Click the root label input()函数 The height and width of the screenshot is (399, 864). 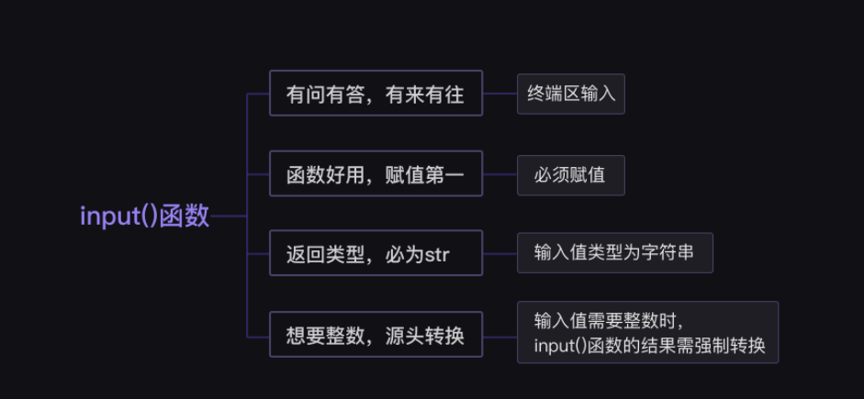(145, 216)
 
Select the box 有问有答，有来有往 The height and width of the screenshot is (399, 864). (376, 94)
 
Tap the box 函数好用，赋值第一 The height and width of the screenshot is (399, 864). (376, 174)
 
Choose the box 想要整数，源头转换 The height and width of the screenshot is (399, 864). (376, 335)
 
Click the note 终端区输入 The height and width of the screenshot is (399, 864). (570, 94)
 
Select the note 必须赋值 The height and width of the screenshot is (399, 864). (570, 174)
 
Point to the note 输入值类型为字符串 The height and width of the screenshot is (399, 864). (614, 253)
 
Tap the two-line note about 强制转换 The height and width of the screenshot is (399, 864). (647, 333)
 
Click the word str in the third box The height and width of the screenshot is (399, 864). (437, 254)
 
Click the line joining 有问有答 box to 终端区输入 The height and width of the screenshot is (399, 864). (499, 94)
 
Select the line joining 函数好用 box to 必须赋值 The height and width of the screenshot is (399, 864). (499, 174)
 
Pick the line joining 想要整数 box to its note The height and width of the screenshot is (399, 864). (499, 335)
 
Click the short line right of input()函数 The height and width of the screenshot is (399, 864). (230, 216)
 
